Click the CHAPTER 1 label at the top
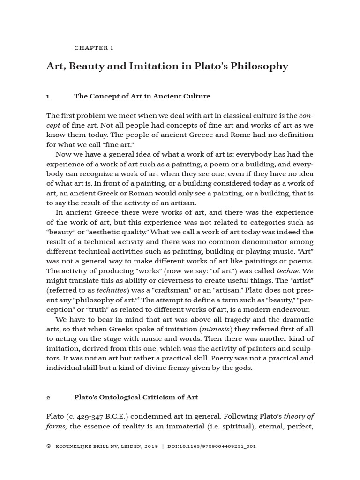[94, 48]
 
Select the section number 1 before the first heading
[48, 96]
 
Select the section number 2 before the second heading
[48, 397]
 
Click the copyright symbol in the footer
[48, 447]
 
